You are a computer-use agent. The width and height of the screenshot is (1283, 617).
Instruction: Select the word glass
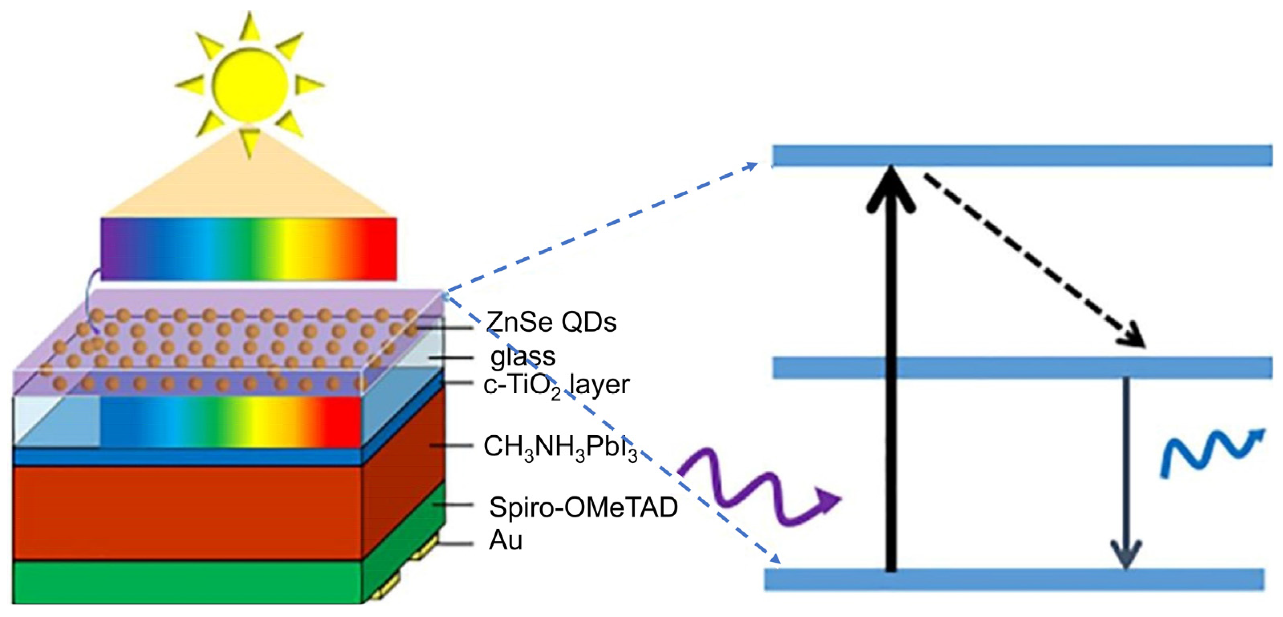[x=523, y=356]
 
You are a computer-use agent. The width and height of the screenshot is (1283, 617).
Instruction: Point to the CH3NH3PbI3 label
[x=560, y=447]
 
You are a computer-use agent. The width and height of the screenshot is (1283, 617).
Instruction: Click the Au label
[x=505, y=540]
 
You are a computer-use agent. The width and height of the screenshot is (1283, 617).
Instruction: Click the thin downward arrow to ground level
[x=1126, y=473]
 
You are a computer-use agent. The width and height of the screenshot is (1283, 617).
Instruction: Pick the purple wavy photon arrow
[x=757, y=490]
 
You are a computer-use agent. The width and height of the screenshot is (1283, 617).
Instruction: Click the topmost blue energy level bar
[x=1021, y=156]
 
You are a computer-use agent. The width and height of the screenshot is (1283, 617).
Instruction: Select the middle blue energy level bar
[x=1021, y=368]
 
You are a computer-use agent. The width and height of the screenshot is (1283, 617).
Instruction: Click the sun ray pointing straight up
[x=250, y=27]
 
